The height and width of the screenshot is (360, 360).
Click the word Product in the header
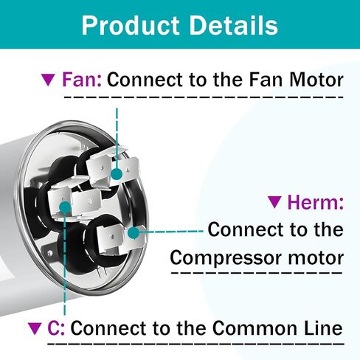[131, 25]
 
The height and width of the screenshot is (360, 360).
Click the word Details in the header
[234, 25]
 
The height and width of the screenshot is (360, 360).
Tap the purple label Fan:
[82, 80]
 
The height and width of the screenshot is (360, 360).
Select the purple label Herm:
[316, 202]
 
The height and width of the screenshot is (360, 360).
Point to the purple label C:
[56, 328]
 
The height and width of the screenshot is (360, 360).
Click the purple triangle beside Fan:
[48, 80]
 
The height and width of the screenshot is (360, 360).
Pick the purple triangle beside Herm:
[274, 202]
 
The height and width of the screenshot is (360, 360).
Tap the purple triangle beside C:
[35, 329]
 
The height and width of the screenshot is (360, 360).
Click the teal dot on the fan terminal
[117, 174]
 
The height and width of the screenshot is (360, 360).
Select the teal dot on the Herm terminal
[134, 232]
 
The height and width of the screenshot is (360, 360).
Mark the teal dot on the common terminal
[65, 207]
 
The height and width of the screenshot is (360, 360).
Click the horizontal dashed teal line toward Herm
[171, 232]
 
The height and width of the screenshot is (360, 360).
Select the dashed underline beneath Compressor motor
[257, 273]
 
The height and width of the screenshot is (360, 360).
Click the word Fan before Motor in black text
[266, 80]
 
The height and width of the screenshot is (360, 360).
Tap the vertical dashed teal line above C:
[65, 264]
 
